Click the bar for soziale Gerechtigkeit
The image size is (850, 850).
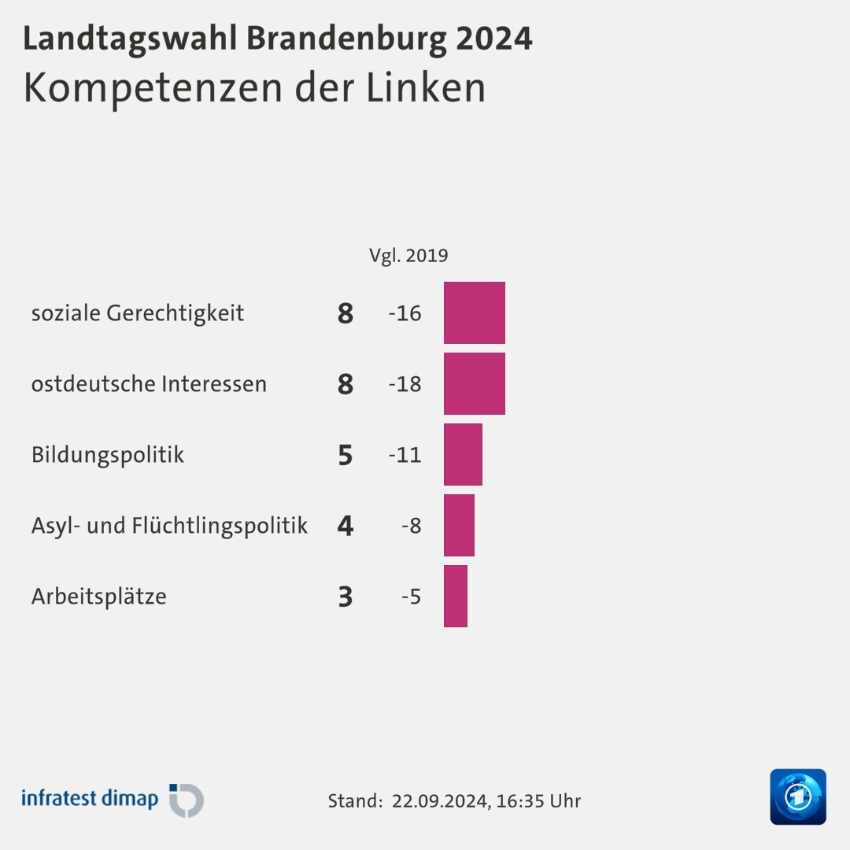click(x=474, y=312)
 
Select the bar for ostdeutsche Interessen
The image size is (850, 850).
click(x=474, y=383)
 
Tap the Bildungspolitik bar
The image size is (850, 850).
click(x=463, y=454)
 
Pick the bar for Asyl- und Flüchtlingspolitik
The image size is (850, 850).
click(x=459, y=525)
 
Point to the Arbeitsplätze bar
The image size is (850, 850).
click(x=455, y=596)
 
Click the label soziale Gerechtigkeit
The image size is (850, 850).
click(x=138, y=313)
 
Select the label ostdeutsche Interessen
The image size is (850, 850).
click(x=149, y=384)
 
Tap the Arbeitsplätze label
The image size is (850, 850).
click(x=98, y=597)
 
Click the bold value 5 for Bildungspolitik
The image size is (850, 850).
click(x=345, y=455)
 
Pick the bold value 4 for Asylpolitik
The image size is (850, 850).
click(x=345, y=526)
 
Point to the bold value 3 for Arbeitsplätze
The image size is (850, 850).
click(x=345, y=597)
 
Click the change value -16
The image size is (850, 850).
click(x=405, y=313)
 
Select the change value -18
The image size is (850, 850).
click(x=405, y=384)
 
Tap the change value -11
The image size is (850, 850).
click(x=405, y=455)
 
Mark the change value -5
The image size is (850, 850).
click(x=412, y=597)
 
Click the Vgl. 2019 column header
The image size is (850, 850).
click(x=408, y=256)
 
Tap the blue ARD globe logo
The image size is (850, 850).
click(x=797, y=796)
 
